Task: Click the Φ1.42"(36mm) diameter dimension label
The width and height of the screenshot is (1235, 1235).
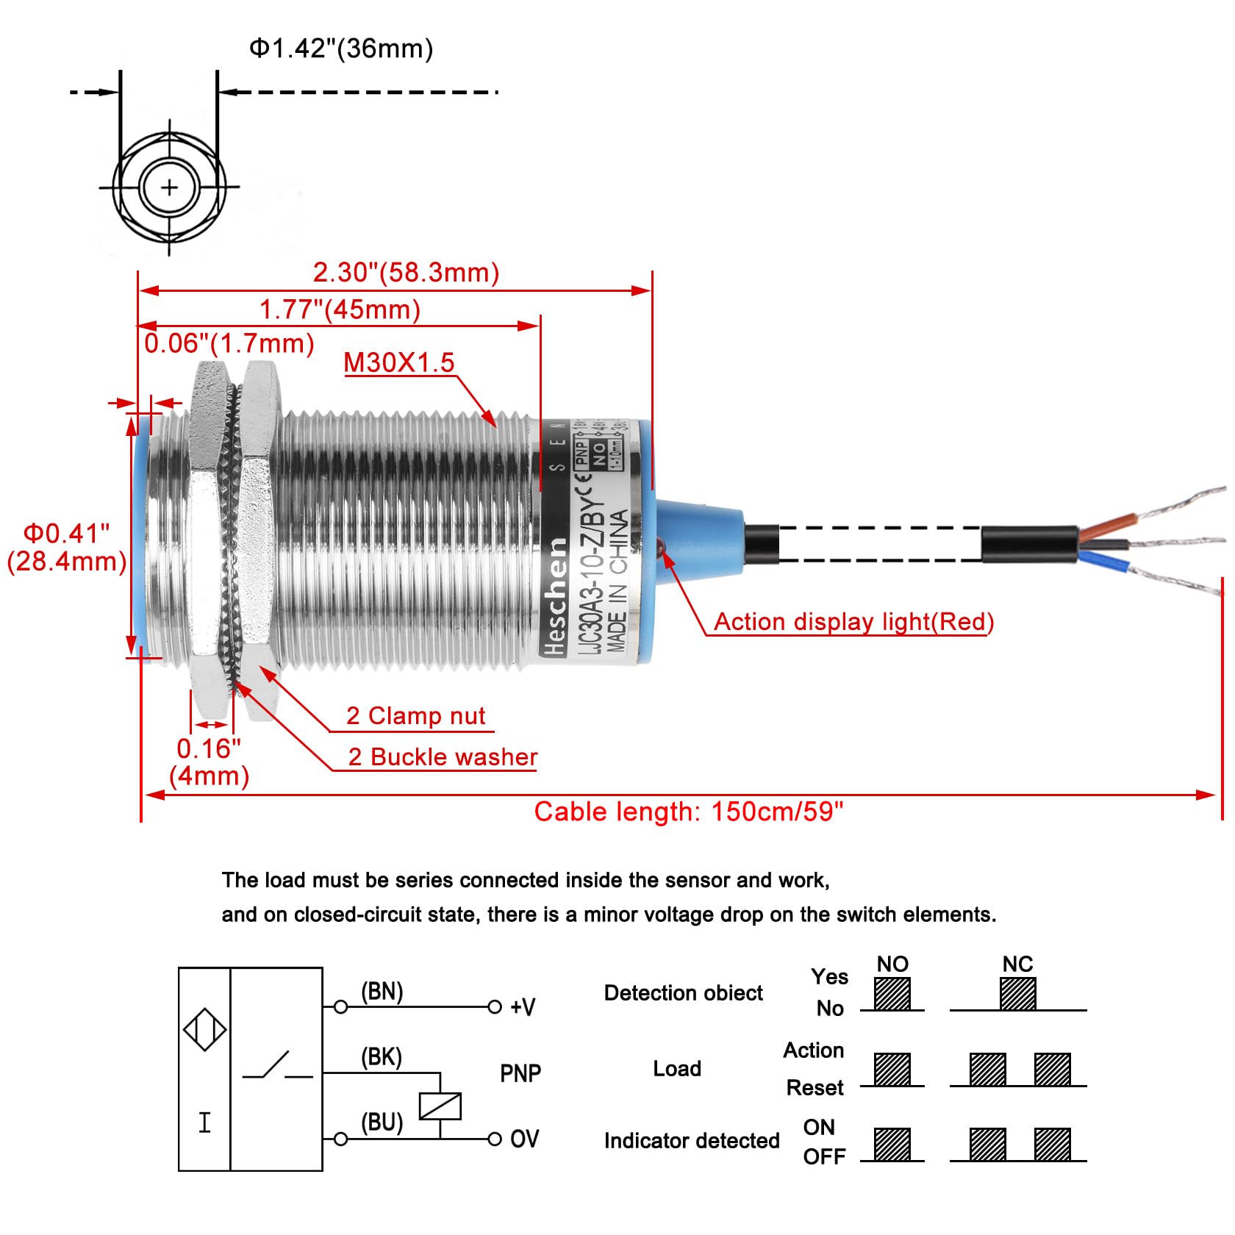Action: pyautogui.click(x=341, y=49)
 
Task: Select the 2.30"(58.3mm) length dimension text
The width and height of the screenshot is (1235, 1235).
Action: pyautogui.click(x=406, y=273)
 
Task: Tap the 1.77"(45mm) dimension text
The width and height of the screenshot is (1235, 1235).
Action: pyautogui.click(x=340, y=309)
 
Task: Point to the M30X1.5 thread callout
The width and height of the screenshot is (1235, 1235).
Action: pyautogui.click(x=399, y=362)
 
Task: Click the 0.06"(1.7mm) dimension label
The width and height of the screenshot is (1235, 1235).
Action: pyautogui.click(x=229, y=343)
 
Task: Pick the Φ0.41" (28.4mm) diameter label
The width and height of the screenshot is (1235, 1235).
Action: pyautogui.click(x=66, y=548)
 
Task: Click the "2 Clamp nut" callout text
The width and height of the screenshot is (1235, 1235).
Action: pyautogui.click(x=415, y=716)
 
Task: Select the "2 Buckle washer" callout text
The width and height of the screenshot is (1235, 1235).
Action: pyautogui.click(x=443, y=757)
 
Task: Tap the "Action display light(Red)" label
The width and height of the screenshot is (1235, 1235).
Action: pyautogui.click(x=853, y=622)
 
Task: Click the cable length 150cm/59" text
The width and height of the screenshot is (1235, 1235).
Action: pyautogui.click(x=688, y=812)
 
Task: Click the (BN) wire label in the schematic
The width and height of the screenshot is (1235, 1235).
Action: pyautogui.click(x=382, y=992)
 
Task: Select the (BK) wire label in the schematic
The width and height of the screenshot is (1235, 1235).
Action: pyautogui.click(x=381, y=1057)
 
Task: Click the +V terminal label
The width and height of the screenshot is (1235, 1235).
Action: pyautogui.click(x=523, y=1007)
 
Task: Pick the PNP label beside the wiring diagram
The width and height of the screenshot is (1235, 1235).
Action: pyautogui.click(x=520, y=1073)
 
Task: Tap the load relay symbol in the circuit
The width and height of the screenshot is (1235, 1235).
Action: pyautogui.click(x=440, y=1106)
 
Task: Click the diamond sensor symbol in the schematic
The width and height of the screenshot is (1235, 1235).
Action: pyautogui.click(x=204, y=1029)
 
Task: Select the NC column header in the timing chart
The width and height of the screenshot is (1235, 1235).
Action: pyautogui.click(x=1017, y=964)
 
